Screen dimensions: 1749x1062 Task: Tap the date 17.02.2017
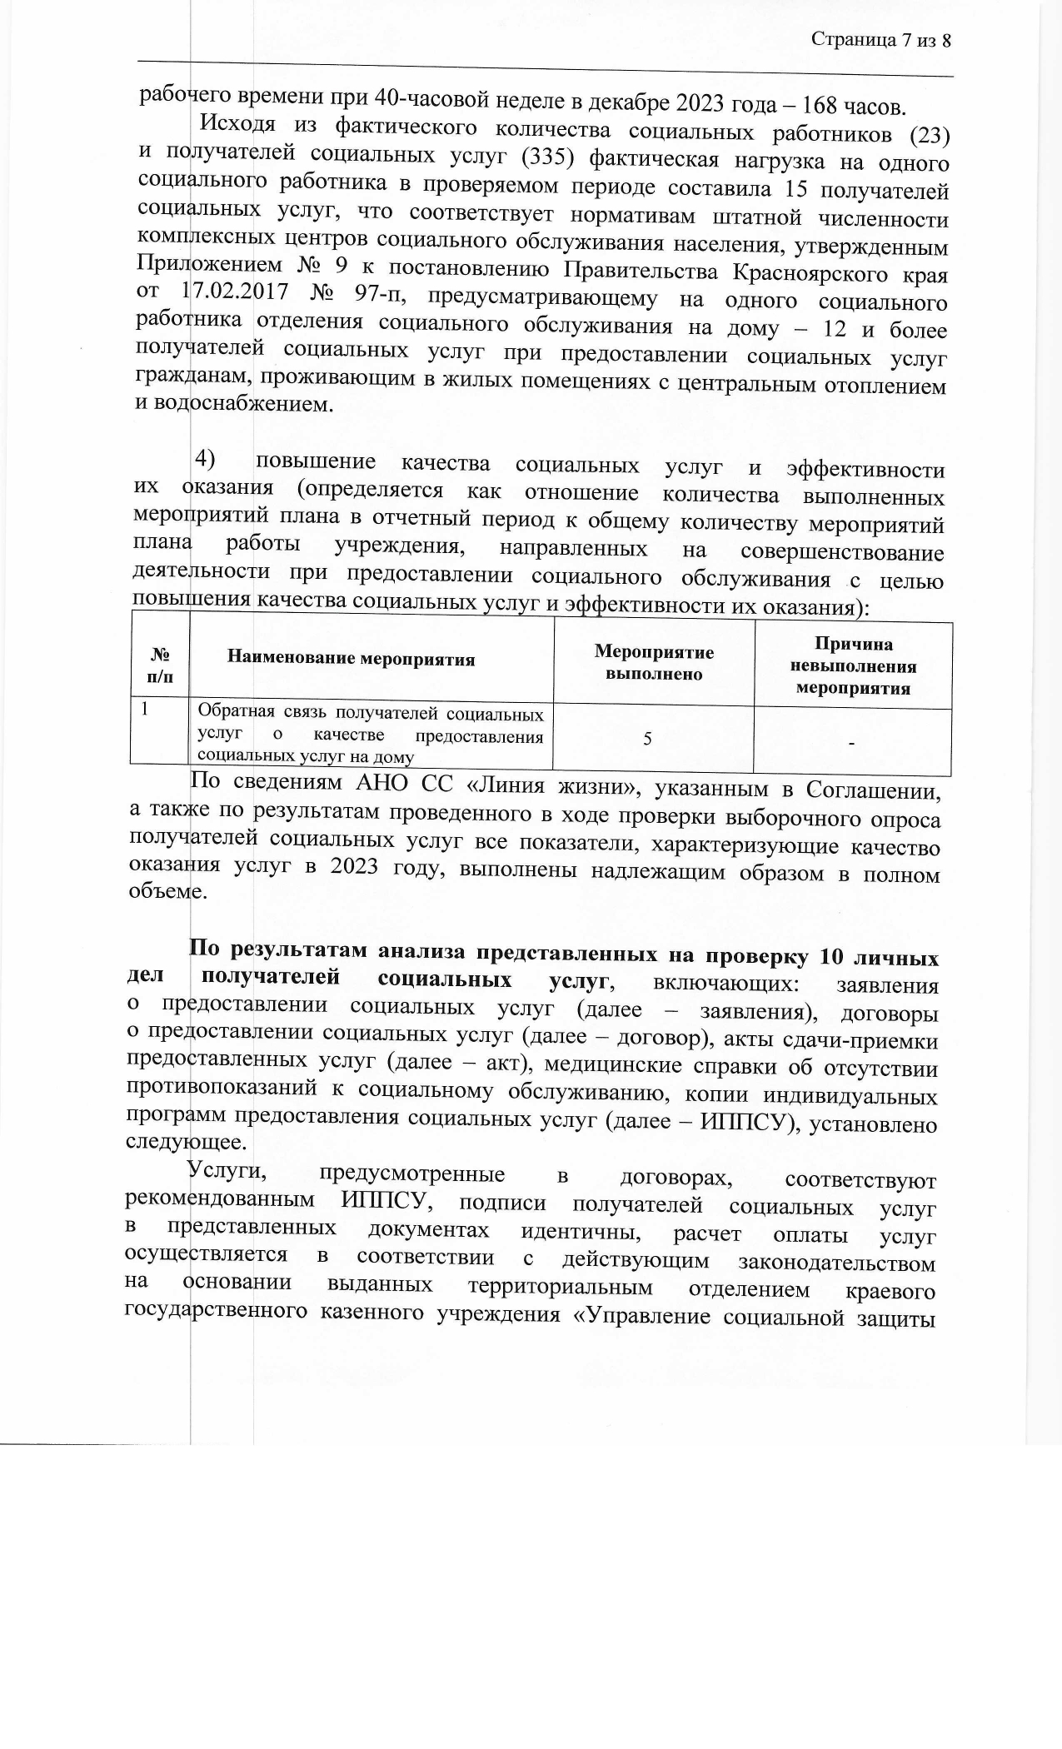pyautogui.click(x=234, y=294)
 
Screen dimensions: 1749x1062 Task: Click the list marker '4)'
pyautogui.click(x=205, y=458)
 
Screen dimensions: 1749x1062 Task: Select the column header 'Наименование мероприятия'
pyautogui.click(x=351, y=660)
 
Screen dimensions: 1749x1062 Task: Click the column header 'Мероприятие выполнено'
pyautogui.click(x=654, y=663)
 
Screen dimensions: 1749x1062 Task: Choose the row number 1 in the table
pyautogui.click(x=146, y=710)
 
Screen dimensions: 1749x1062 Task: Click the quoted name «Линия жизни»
pyautogui.click(x=556, y=786)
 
